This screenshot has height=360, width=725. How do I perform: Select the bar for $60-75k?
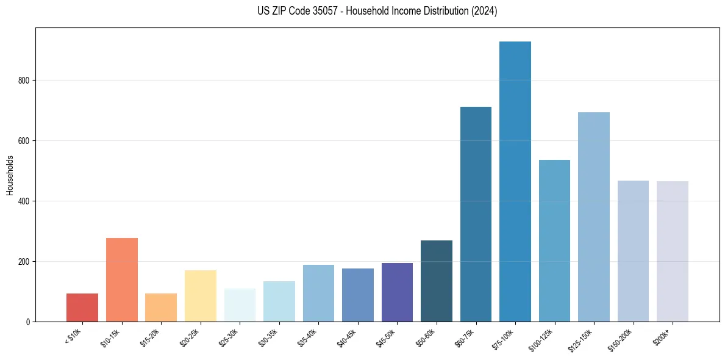click(x=476, y=214)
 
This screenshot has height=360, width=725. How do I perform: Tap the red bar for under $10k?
click(x=82, y=308)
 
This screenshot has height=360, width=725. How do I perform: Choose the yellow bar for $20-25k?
click(x=201, y=296)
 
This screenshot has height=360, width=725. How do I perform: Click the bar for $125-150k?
click(x=594, y=217)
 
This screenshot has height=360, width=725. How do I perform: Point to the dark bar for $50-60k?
click(x=437, y=281)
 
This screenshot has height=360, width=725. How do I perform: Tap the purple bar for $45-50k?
click(x=397, y=292)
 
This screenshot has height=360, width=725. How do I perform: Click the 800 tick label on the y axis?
click(x=24, y=81)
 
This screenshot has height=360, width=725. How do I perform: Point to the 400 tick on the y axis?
click(x=24, y=201)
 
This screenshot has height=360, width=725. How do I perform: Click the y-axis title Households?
click(x=10, y=175)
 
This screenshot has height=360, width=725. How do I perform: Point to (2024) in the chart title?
click(x=484, y=11)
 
